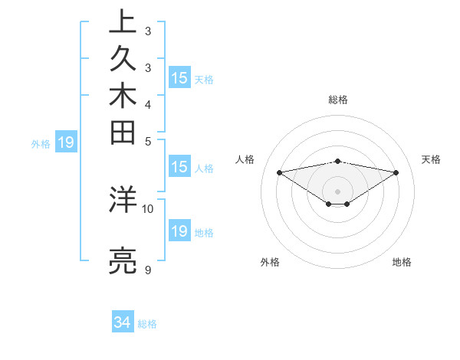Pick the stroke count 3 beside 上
(x=148, y=32)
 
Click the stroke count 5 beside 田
(x=148, y=141)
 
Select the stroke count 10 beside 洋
(x=148, y=208)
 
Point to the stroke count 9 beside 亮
(x=148, y=270)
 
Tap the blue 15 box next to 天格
(x=179, y=77)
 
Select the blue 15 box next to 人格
(x=179, y=168)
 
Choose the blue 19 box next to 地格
(x=179, y=231)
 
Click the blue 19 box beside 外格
(x=66, y=142)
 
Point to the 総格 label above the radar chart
(x=338, y=100)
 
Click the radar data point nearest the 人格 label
(x=280, y=172)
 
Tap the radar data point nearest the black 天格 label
(x=396, y=172)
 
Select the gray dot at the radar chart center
(x=338, y=191)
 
